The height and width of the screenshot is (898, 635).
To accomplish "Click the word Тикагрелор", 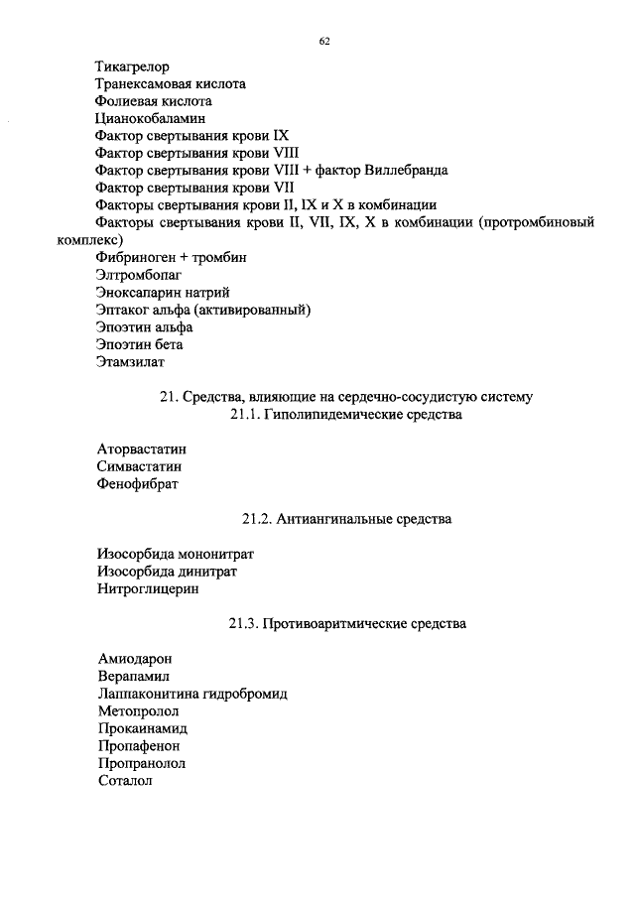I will click(x=132, y=67).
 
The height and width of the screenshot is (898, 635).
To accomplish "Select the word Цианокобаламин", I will click(x=143, y=118).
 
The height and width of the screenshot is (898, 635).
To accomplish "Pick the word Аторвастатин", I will click(x=142, y=449).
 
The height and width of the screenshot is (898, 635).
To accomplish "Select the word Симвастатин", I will click(x=140, y=466).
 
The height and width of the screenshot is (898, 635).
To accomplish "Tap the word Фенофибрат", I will click(x=138, y=484).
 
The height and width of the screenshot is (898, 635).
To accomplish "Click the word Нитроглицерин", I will click(x=148, y=588).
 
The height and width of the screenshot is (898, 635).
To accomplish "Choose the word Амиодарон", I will click(x=135, y=659).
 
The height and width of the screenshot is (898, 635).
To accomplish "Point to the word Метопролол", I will click(x=138, y=711).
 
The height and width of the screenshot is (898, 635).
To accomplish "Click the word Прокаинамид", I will click(x=143, y=728).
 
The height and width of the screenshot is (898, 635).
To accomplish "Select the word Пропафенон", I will click(x=140, y=746).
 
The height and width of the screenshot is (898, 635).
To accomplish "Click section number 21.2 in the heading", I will click(x=256, y=519).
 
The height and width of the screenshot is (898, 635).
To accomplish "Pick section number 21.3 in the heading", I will click(x=243, y=624).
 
